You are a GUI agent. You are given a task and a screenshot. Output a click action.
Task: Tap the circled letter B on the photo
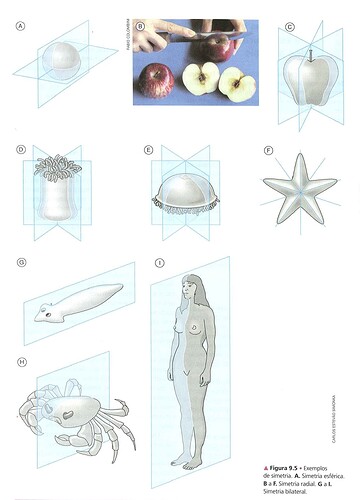[x=141, y=27]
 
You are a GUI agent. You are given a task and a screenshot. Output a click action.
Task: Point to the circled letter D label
[x=20, y=150]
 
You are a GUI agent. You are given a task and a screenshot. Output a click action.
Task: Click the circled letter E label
[x=149, y=150]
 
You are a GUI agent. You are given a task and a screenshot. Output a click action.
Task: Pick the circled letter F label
[x=268, y=150]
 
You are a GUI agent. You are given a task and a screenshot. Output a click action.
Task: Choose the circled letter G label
[x=20, y=263]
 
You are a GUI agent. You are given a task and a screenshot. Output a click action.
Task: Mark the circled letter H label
[x=20, y=361]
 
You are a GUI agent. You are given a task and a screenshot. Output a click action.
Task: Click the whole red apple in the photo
[x=155, y=80]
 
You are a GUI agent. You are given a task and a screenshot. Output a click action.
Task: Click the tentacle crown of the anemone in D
[x=59, y=167]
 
